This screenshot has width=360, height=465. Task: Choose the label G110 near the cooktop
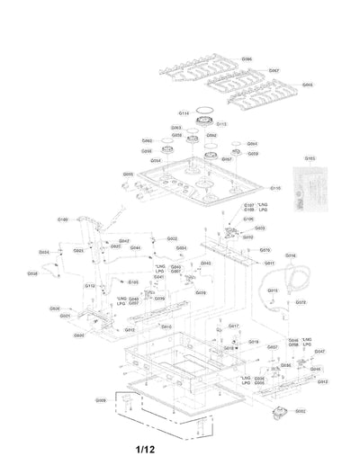pos(275,188)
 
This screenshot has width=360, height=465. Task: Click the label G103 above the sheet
pos(311,156)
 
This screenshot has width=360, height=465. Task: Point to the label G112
pos(90,284)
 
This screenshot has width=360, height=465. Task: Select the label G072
pos(301,302)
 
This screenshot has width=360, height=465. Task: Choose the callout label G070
pos(265,250)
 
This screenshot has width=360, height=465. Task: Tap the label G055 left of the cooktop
pos(128,174)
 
